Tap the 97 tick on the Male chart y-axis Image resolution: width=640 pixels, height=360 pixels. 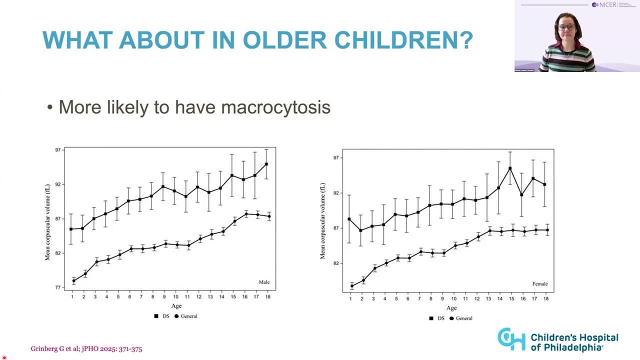pos(58,150)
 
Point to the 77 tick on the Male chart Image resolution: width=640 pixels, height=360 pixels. pos(58,287)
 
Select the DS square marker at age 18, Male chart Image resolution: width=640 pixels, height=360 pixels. pos(266,164)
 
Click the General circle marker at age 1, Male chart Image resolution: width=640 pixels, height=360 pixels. pos(73,281)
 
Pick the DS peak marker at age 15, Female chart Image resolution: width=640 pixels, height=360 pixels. pos(510,168)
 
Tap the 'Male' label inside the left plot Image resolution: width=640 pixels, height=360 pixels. pos(264,282)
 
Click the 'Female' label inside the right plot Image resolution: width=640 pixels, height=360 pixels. pos(540,284)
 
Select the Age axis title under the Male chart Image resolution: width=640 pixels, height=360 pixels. pos(176,306)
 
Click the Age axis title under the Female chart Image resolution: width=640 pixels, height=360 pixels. pos(451,308)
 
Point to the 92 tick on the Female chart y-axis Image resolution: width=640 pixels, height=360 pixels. pos(335,193)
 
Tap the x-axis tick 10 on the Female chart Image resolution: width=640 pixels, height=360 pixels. pos(454,299)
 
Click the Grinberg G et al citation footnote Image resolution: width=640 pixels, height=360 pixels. pos(86,349)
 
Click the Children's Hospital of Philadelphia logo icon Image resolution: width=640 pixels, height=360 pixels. pos(511,339)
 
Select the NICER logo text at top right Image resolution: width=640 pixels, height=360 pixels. pos(607,5)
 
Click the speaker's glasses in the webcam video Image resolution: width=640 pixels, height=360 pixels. pos(566,27)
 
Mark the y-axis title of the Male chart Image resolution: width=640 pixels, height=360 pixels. pos(48,222)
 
